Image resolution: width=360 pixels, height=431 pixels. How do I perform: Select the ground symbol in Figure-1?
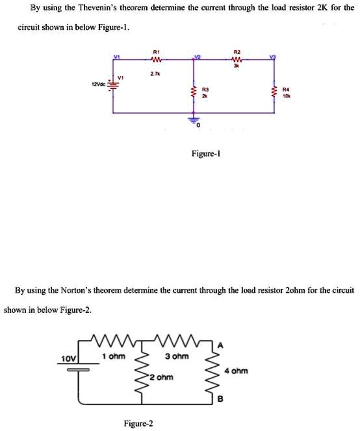192,120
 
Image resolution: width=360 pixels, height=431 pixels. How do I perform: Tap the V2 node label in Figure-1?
196,57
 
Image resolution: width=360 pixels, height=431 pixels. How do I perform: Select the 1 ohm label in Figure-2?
112,356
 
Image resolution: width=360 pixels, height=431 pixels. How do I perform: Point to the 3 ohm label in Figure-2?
177,356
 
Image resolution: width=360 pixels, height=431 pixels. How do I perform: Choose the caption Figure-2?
138,423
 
